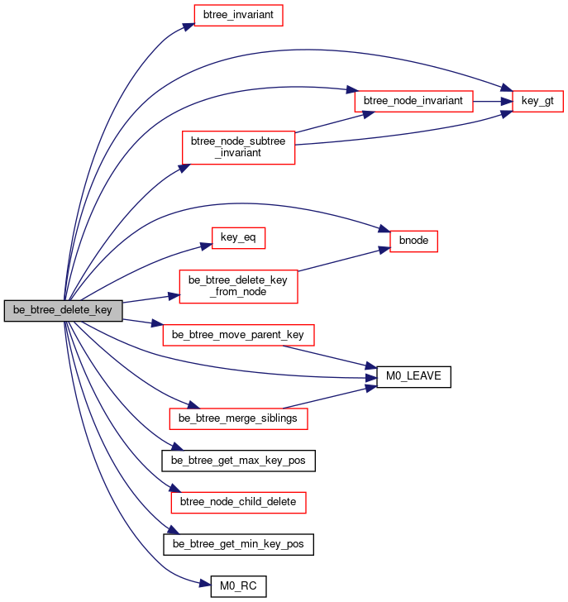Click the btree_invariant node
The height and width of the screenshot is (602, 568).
pyautogui.click(x=238, y=16)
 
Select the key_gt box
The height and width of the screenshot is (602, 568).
pyautogui.click(x=537, y=102)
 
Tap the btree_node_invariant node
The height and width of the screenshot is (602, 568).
pyautogui.click(x=413, y=102)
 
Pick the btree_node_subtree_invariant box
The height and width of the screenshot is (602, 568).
pyautogui.click(x=238, y=148)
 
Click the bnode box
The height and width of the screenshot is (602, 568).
pyautogui.click(x=413, y=241)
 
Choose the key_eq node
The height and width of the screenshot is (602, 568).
pyautogui.click(x=238, y=238)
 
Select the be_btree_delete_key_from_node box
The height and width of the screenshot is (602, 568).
pyautogui.click(x=238, y=287)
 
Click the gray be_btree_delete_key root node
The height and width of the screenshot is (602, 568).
pyautogui.click(x=64, y=311)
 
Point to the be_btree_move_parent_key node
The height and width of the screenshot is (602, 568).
pyautogui.click(x=238, y=335)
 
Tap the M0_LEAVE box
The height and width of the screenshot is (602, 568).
pyautogui.click(x=413, y=377)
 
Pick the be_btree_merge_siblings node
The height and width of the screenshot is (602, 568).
pyautogui.click(x=238, y=419)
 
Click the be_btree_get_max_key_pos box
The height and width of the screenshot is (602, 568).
pyautogui.click(x=238, y=461)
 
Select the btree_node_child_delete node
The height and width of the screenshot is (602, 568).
pyautogui.click(x=238, y=503)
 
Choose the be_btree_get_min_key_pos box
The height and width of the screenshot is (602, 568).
pyautogui.click(x=238, y=544)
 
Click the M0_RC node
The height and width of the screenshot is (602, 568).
pyautogui.click(x=238, y=586)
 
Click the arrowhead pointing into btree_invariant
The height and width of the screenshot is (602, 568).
pyautogui.click(x=189, y=26)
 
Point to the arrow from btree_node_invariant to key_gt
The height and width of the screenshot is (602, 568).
pyautogui.click(x=493, y=102)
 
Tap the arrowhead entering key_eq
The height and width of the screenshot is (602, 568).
pyautogui.click(x=207, y=246)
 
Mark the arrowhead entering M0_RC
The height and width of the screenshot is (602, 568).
pyautogui.click(x=205, y=585)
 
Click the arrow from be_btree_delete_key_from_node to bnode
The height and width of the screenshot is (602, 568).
pyautogui.click(x=344, y=260)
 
